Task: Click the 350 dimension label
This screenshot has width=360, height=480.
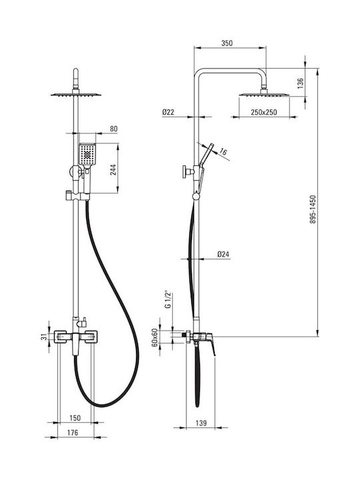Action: [x=227, y=43]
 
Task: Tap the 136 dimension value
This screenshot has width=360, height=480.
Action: [x=300, y=83]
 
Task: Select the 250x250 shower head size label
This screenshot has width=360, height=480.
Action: [x=264, y=113]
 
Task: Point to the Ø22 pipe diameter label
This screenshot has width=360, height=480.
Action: [x=168, y=113]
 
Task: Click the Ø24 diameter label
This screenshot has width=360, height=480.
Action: [x=223, y=254]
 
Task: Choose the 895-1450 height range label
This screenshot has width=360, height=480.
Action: [x=313, y=209]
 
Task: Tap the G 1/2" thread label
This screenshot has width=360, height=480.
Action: [x=167, y=299]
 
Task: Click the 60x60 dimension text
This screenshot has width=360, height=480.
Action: [x=155, y=337]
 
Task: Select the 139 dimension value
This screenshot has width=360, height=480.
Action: [x=201, y=423]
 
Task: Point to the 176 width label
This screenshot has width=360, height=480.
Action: [x=72, y=433]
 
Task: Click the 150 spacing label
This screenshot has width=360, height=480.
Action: [x=75, y=418]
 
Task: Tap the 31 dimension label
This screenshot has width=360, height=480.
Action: [x=45, y=337]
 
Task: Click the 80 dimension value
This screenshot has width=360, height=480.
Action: [x=113, y=129]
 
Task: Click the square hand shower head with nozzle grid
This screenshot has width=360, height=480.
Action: [x=87, y=154]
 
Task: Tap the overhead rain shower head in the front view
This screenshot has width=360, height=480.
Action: [x=75, y=95]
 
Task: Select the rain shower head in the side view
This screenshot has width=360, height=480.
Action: [x=264, y=95]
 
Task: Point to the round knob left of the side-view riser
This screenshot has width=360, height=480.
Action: [x=185, y=172]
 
